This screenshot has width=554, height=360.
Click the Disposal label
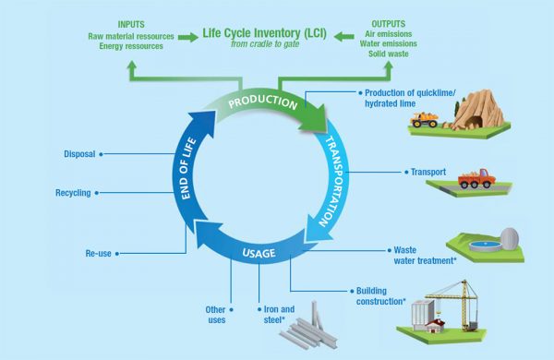tap(79, 154)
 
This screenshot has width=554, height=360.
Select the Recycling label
tap(73, 194)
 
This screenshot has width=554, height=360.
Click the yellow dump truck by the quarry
tap(427, 118)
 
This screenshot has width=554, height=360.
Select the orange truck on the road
tap(474, 178)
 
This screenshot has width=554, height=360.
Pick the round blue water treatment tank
tap(480, 246)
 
